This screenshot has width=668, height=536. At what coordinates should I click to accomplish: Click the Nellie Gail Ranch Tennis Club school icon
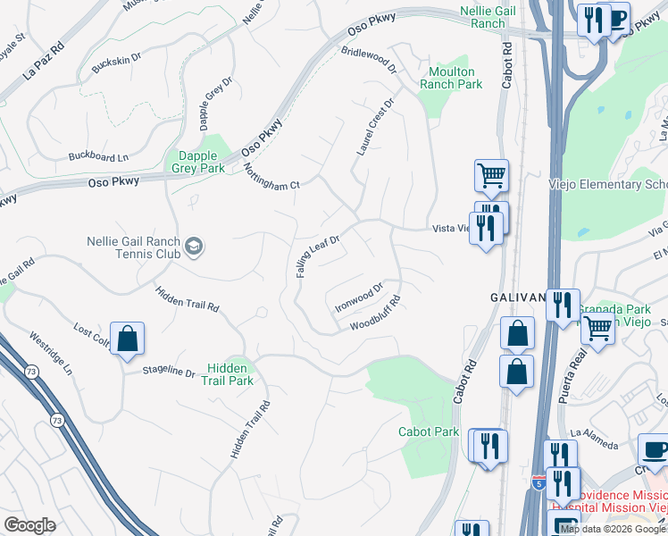click(x=194, y=245)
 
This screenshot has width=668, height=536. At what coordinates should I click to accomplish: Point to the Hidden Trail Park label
click(x=230, y=374)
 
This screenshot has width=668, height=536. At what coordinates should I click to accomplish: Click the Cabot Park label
click(x=429, y=432)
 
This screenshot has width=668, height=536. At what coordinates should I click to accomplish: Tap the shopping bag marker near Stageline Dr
click(x=128, y=339)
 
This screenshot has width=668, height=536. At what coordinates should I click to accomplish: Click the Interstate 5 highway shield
click(x=539, y=482)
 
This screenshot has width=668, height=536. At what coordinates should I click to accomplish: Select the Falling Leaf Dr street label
click(x=319, y=256)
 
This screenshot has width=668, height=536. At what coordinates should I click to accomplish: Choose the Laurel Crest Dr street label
click(x=375, y=126)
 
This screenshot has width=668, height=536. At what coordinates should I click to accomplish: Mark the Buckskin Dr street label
click(x=117, y=63)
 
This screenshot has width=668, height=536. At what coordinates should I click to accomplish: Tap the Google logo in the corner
click(x=29, y=525)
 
